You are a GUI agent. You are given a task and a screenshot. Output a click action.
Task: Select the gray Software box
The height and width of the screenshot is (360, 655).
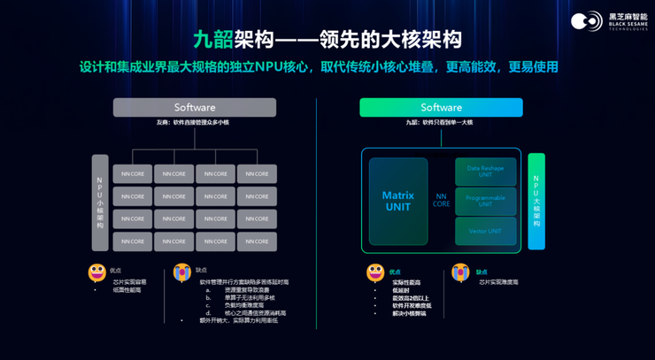point(195,107)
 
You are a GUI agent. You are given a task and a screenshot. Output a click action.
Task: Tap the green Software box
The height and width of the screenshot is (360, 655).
point(441,107)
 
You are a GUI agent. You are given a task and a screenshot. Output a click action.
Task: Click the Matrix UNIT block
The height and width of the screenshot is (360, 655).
point(398,202)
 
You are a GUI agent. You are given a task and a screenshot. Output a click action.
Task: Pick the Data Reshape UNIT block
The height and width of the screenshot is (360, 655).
point(485,172)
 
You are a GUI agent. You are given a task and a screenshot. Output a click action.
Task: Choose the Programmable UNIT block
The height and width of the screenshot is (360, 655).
point(485,202)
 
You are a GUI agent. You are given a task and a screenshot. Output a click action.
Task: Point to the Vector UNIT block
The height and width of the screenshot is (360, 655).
point(485,231)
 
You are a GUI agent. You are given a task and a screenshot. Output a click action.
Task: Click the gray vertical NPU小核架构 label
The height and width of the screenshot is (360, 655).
point(100,203)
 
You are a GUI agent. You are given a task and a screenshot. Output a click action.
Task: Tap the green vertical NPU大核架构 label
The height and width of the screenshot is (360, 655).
point(536,203)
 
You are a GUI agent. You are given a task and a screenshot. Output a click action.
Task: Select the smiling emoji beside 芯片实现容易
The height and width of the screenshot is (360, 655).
point(97,272)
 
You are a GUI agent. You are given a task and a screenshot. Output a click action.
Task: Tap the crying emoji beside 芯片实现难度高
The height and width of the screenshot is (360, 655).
point(460,272)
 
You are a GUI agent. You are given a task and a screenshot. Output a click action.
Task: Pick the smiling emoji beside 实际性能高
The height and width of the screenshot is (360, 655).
point(376,272)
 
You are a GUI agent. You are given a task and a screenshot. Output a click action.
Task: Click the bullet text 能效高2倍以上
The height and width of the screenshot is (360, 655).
point(413,298)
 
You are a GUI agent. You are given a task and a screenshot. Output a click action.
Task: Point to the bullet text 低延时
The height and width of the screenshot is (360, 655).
point(403,290)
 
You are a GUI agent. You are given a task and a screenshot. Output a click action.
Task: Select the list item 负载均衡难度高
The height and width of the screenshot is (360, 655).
point(238,305)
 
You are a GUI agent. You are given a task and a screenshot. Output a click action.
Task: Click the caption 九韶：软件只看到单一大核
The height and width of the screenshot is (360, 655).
point(440,122)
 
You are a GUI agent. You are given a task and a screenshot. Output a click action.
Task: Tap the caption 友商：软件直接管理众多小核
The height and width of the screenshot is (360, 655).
point(193,122)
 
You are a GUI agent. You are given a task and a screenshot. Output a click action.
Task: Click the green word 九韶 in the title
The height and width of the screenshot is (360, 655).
point(213,39)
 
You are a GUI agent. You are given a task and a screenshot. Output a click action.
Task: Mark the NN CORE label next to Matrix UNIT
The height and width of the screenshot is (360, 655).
point(441,200)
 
